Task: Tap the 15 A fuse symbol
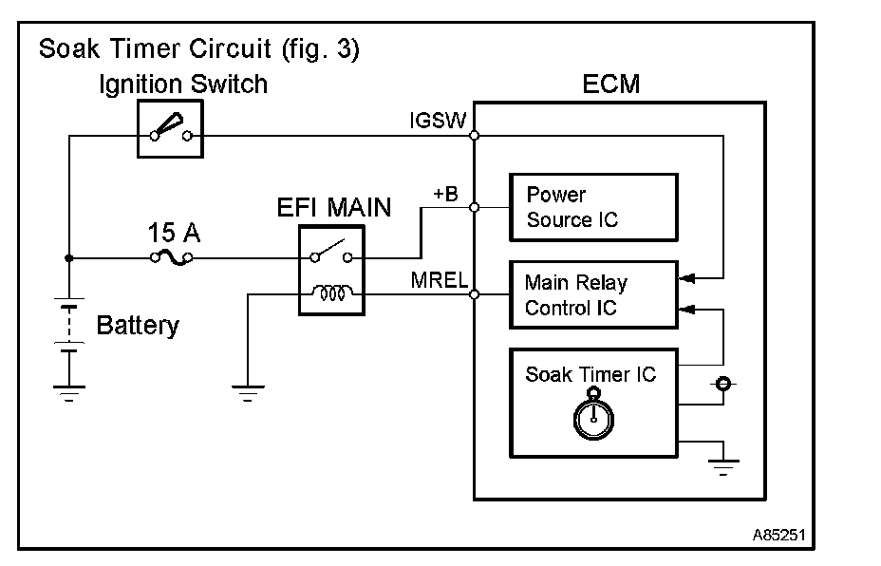click(171, 257)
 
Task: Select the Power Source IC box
click(593, 207)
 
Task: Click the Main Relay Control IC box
click(593, 295)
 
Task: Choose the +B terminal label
click(445, 194)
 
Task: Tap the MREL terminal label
click(439, 280)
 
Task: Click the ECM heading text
click(610, 85)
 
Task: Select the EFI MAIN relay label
click(333, 207)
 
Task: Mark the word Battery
click(138, 326)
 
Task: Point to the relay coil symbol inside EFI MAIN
click(331, 294)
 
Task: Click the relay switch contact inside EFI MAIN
click(331, 254)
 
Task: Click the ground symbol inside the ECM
click(723, 465)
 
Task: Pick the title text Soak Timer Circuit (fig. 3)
click(198, 48)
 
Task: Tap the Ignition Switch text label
click(183, 85)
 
